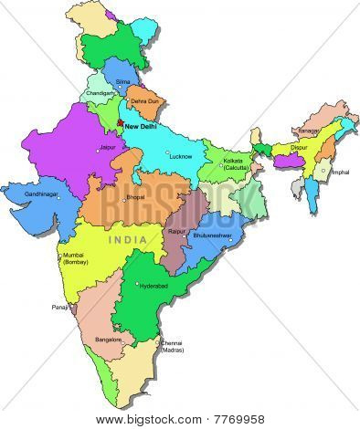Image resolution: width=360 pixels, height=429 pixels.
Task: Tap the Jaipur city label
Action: [x=109, y=147]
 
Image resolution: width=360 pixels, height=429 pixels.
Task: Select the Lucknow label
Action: [x=181, y=156]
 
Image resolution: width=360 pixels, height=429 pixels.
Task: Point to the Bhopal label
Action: [x=134, y=197]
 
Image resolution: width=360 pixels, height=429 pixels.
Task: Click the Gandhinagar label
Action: [x=41, y=194]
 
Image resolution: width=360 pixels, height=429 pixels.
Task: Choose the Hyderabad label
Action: [x=152, y=286]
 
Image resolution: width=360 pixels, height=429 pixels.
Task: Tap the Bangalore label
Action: [x=108, y=340]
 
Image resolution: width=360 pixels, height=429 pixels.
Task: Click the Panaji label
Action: [x=60, y=307]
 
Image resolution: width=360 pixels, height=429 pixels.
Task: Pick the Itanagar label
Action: [x=308, y=131]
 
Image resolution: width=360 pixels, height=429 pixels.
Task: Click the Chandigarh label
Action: [x=101, y=93]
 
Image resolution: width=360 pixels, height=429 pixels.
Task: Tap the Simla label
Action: [x=122, y=82]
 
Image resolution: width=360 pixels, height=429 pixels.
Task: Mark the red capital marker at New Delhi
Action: [x=120, y=123]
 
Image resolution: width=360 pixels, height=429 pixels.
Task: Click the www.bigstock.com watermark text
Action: [x=179, y=419]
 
